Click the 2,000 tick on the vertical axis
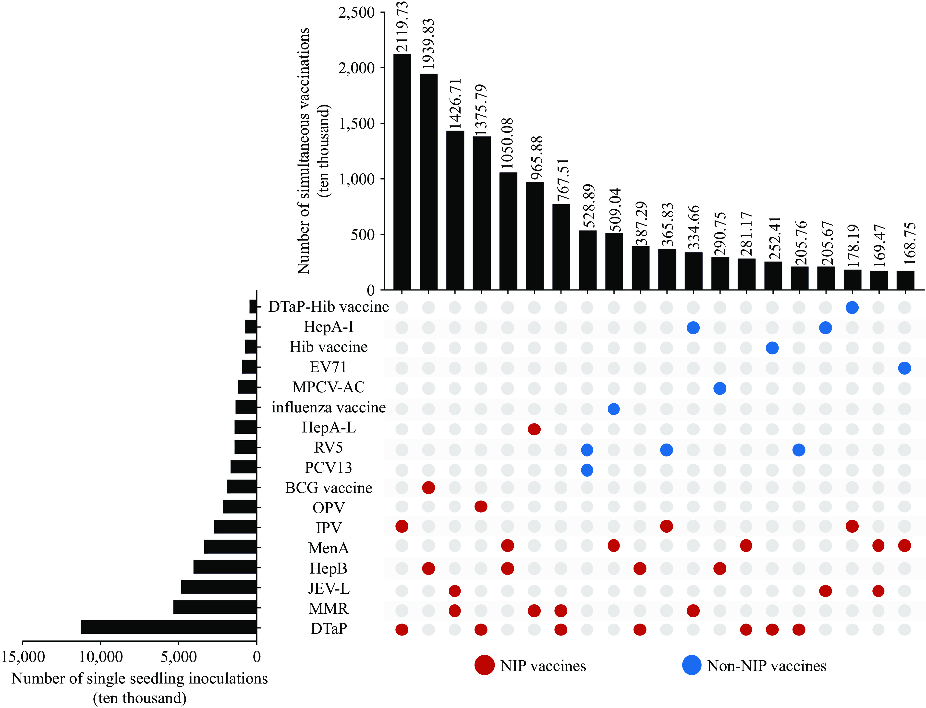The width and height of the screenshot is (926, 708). point(356,68)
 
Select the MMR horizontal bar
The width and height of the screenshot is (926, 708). point(215,607)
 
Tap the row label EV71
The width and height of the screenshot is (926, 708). point(328,367)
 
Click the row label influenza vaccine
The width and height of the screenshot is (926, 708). point(328,408)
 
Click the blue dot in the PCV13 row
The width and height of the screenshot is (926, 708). point(587,470)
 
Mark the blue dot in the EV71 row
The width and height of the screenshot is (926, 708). point(904,368)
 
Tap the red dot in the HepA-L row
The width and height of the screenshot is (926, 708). point(534,430)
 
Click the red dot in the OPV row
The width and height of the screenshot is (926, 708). point(481,506)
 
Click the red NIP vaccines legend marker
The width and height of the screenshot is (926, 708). point(484,665)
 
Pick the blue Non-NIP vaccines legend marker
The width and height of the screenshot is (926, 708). point(692,665)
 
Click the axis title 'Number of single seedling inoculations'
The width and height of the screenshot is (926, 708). point(139,679)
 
